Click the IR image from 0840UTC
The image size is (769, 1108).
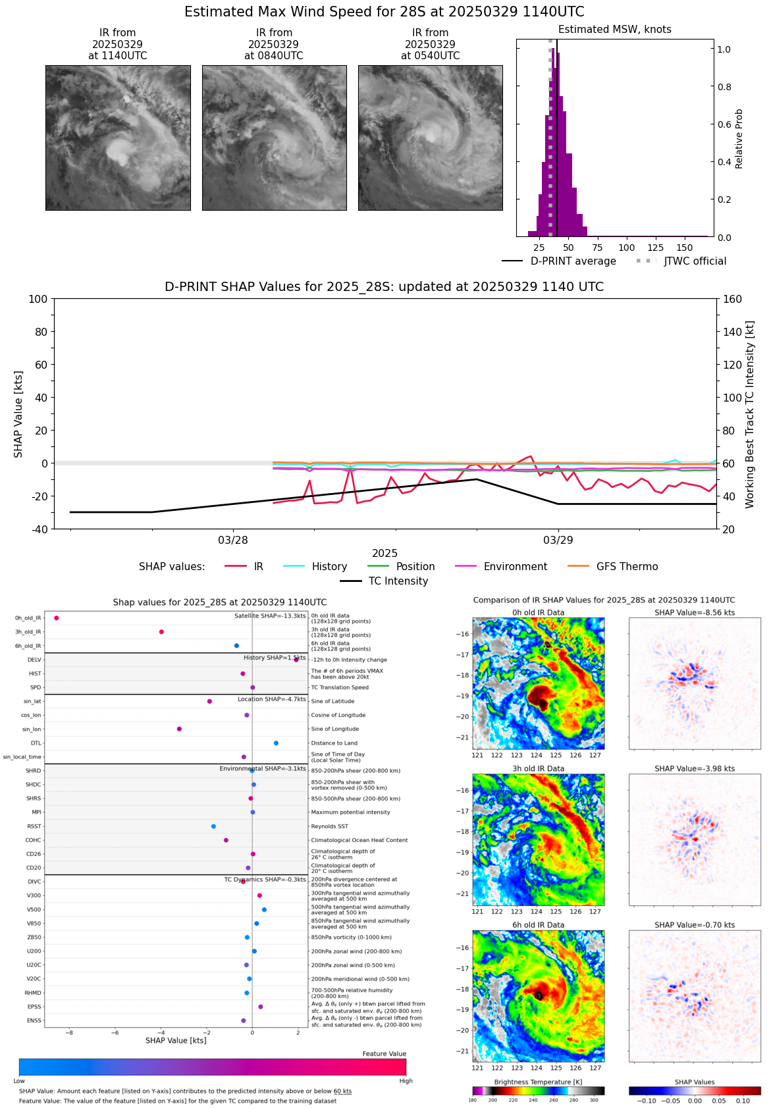pyautogui.click(x=274, y=138)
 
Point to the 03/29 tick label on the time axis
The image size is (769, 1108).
pyautogui.click(x=558, y=541)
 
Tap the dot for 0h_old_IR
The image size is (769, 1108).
pyautogui.click(x=57, y=618)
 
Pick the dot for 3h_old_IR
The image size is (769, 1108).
pyautogui.click(x=161, y=632)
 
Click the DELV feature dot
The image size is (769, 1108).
pyautogui.click(x=296, y=660)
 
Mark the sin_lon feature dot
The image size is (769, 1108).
pyautogui.click(x=179, y=729)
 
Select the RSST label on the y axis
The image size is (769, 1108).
pyautogui.click(x=34, y=826)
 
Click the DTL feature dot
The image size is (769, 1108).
pyautogui.click(x=276, y=743)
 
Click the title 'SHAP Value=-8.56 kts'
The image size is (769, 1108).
pyautogui.click(x=695, y=613)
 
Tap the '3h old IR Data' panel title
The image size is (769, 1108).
pyautogui.click(x=538, y=769)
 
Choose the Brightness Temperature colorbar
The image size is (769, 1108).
pyautogui.click(x=538, y=1091)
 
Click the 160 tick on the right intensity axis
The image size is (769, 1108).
pyautogui.click(x=733, y=300)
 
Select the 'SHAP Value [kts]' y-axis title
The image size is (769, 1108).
pyautogui.click(x=18, y=414)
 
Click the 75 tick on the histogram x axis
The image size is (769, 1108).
pyautogui.click(x=597, y=248)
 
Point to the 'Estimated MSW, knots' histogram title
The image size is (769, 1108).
pyautogui.click(x=614, y=30)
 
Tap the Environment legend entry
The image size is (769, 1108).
pyautogui.click(x=515, y=567)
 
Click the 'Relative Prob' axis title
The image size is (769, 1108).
pyautogui.click(x=739, y=139)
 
